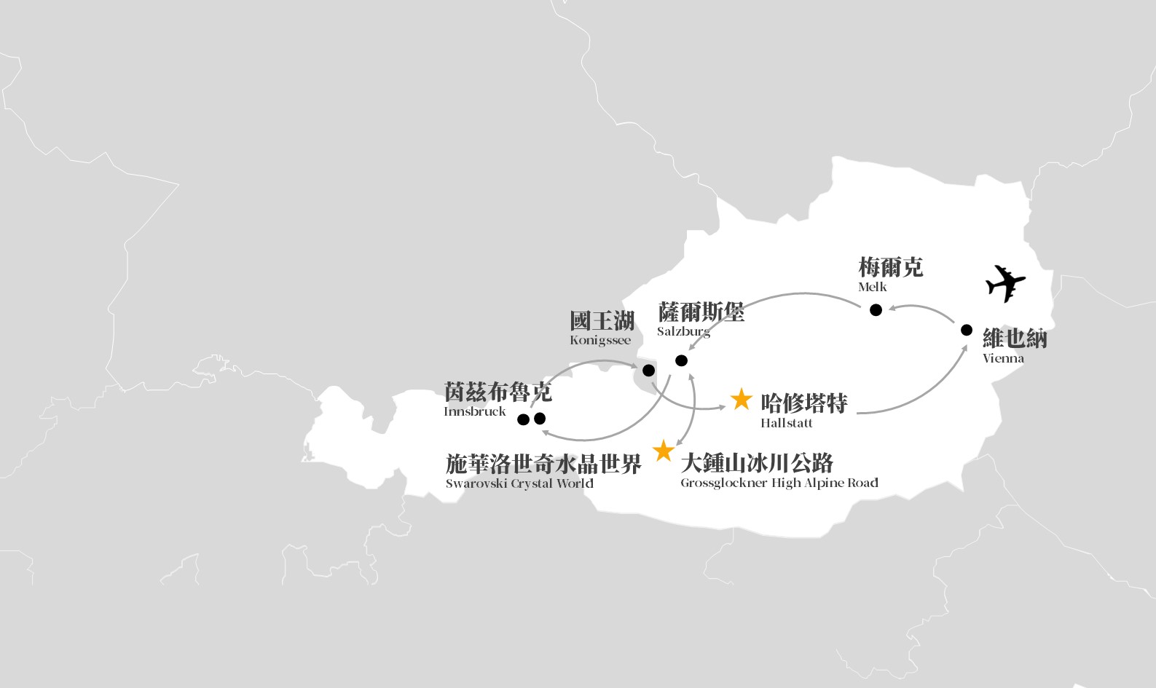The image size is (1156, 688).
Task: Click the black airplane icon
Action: coord(1005,283)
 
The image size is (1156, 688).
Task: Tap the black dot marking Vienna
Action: coord(967,330)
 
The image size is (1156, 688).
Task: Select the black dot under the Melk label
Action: coord(876,310)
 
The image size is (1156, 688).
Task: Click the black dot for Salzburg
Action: coord(682,360)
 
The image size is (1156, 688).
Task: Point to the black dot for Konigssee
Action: coord(649,371)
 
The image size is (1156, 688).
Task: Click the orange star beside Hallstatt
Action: coord(741,400)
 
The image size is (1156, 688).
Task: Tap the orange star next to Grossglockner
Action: coord(664,451)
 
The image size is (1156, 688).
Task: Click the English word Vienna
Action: coord(1003,358)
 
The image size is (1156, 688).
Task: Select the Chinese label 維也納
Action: coord(1015,339)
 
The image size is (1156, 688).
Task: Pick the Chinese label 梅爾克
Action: coord(891,267)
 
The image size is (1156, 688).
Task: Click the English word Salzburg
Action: coord(683,332)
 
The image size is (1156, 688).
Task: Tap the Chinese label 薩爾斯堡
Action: coord(701,312)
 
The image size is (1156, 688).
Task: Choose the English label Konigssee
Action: coord(600,340)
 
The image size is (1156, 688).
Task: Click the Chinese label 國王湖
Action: coord(602,321)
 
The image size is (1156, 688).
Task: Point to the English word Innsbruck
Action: coord(474,411)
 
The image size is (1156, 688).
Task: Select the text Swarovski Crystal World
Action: coord(519,483)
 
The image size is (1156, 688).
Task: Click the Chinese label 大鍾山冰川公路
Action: coord(757,463)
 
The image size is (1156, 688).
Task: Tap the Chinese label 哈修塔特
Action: coord(803,403)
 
